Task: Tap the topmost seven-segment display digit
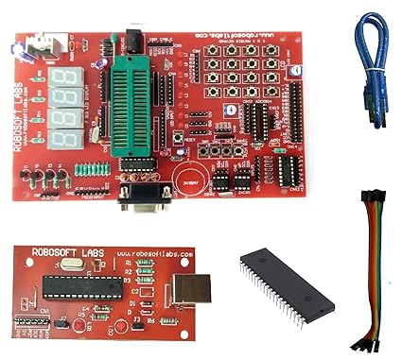(62, 77)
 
